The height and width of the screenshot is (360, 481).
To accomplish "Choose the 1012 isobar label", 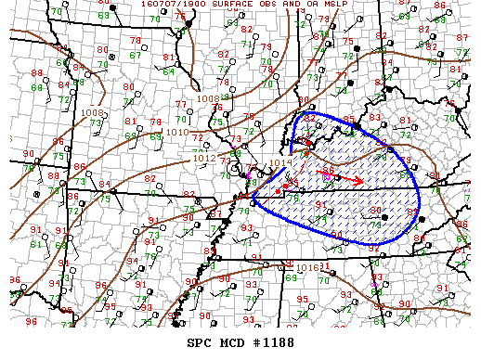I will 206,158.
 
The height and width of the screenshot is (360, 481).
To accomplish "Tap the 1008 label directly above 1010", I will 209,97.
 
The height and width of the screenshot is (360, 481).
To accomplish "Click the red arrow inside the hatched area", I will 340,176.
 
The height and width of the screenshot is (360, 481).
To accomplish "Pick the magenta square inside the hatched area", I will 326,176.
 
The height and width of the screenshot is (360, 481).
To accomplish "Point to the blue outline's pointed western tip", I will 253,198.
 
